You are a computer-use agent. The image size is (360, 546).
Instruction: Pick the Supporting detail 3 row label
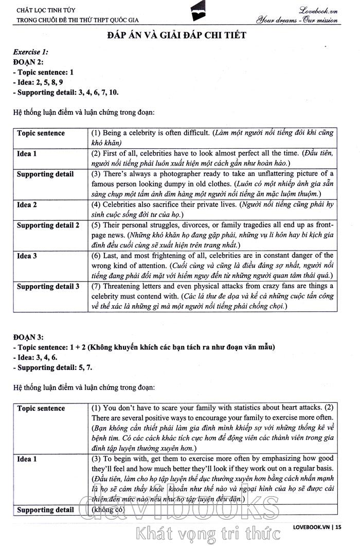coord(48,286)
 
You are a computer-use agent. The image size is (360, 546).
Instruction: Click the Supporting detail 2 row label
coord(48,225)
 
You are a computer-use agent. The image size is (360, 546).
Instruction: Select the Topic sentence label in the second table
coord(41,408)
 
